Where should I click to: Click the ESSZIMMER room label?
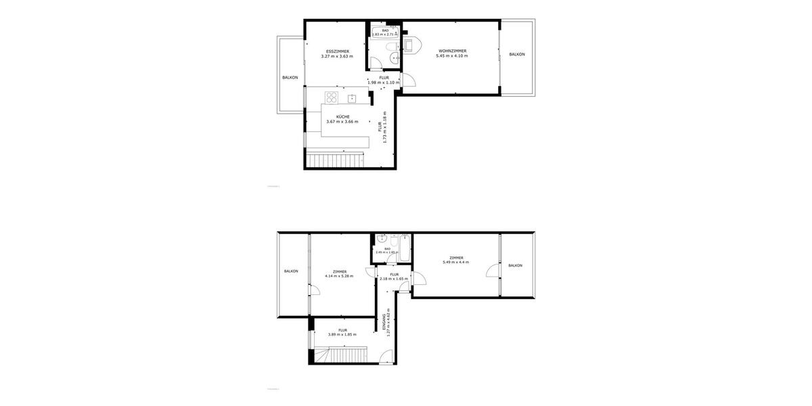tap(336, 51)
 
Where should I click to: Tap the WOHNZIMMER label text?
tap(452, 51)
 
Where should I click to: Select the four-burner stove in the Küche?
tap(332, 97)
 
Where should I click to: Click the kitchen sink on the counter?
tap(352, 99)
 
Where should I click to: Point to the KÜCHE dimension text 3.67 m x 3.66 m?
tap(342, 122)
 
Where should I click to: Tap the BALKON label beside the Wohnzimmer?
tap(517, 54)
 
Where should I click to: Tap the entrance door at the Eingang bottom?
tap(386, 357)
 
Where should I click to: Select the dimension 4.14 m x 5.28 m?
tap(340, 276)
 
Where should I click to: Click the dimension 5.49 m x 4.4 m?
tap(456, 262)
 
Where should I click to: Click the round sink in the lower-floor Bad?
tap(383, 238)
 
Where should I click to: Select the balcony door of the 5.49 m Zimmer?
tap(491, 271)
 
